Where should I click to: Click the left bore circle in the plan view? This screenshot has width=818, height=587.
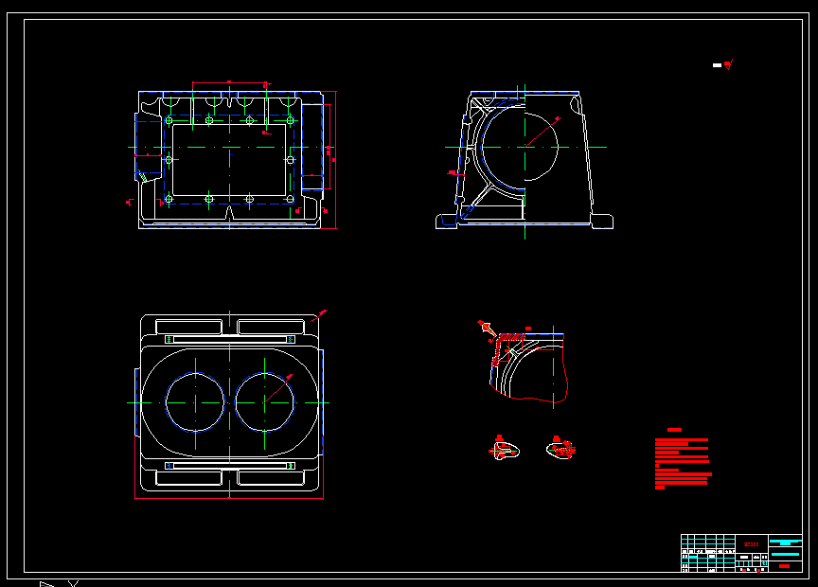coord(195,401)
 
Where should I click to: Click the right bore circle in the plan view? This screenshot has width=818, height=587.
coord(265,401)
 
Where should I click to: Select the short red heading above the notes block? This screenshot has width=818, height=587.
coord(674,430)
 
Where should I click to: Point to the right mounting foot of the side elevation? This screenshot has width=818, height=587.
coord(602,222)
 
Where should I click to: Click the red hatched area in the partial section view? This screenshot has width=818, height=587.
coord(512,336)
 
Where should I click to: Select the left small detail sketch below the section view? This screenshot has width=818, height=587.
coord(507,449)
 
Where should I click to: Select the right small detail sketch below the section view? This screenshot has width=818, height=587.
coord(560,449)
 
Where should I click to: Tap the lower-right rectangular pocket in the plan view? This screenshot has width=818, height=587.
coord(270,477)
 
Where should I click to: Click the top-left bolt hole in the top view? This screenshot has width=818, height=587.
coord(169,121)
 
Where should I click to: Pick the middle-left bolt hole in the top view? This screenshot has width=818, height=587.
coord(169,160)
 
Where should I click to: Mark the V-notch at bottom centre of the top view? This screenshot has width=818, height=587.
coord(230,218)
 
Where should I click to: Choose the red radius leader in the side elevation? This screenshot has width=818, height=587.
coord(542,132)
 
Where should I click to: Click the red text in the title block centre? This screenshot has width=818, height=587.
coord(753,544)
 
